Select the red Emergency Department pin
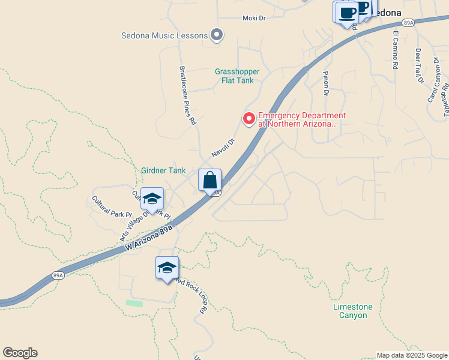coord(249,119)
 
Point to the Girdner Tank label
coord(163,170)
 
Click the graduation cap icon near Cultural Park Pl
coord(152,199)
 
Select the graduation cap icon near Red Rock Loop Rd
coord(167,268)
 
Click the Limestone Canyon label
coord(352,311)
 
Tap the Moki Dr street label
coord(254,18)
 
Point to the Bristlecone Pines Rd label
coord(188,95)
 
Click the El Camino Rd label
coord(396,49)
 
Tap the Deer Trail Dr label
coord(420,67)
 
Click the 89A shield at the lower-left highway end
coord(58,275)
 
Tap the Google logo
coord(20,353)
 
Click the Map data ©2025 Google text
coord(411,355)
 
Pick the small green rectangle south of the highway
coord(134,304)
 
